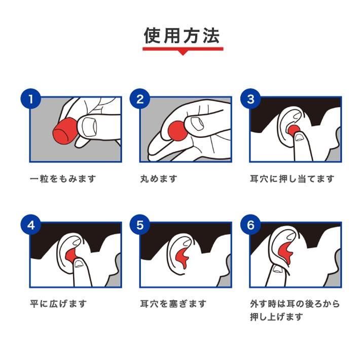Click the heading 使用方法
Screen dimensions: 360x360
[182, 36]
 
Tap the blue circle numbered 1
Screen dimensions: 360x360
[31, 99]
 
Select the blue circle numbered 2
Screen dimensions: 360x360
[140, 99]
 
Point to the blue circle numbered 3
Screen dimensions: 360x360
[250, 99]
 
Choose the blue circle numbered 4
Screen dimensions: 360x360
[31, 225]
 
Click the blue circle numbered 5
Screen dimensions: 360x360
[140, 225]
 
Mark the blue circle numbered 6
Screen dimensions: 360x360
[250, 225]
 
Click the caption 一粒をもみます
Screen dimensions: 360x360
[63, 178]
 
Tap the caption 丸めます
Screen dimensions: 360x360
[159, 178]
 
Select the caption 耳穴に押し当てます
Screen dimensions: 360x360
[292, 178]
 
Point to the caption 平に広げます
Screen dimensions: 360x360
[58, 304]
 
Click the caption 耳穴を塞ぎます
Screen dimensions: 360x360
[173, 304]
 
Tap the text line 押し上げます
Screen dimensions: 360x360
[276, 317]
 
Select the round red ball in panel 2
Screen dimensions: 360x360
[177, 131]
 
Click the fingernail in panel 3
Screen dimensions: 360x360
[299, 137]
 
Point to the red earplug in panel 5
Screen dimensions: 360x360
[183, 257]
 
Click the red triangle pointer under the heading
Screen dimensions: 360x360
[183, 53]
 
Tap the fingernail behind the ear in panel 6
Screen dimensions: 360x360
[277, 269]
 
